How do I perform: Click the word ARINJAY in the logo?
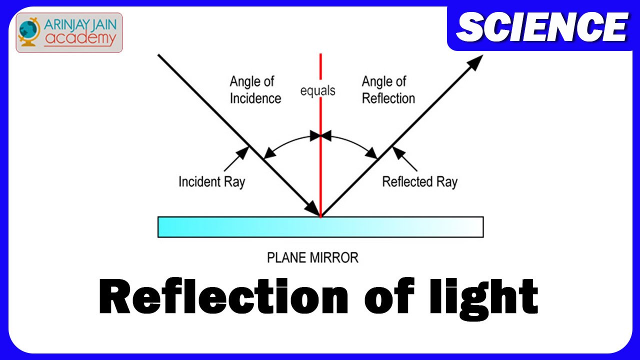pyautogui.click(x=68, y=23)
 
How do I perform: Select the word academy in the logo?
pyautogui.click(x=80, y=38)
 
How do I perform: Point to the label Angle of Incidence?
pyautogui.click(x=255, y=90)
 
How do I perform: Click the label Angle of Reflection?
pyautogui.click(x=388, y=90)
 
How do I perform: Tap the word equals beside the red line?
pyautogui.click(x=317, y=91)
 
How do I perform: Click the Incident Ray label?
pyautogui.click(x=211, y=181)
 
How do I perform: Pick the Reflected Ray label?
pyautogui.click(x=419, y=181)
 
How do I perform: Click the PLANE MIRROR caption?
pyautogui.click(x=312, y=258)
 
